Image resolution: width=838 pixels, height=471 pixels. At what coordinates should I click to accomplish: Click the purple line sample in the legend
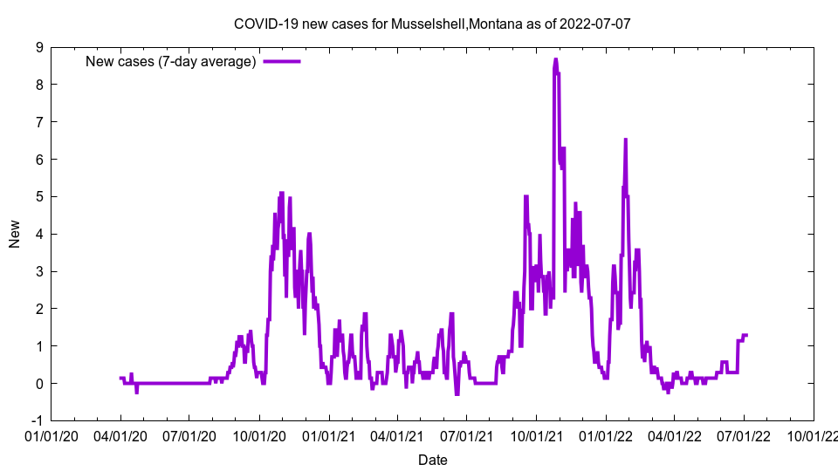(282, 61)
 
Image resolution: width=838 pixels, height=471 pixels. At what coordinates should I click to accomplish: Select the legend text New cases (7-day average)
(170, 61)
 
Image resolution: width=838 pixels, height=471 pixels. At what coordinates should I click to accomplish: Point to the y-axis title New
(15, 234)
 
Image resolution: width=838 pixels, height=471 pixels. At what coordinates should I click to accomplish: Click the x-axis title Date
(432, 460)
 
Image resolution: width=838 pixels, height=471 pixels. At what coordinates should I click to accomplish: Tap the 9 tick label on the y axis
(40, 47)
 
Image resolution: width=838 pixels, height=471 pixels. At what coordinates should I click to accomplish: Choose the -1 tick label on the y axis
(38, 420)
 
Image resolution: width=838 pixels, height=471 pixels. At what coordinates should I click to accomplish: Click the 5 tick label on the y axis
(40, 196)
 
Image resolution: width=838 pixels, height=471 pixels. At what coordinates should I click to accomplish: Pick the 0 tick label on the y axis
(40, 383)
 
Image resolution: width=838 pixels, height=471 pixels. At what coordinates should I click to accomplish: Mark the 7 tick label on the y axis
(40, 122)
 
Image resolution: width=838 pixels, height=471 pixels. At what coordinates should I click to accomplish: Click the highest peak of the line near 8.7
(555, 59)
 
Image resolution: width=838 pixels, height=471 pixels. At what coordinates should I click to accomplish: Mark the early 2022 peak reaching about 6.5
(625, 140)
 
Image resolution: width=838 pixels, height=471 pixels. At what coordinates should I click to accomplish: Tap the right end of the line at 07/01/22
(747, 335)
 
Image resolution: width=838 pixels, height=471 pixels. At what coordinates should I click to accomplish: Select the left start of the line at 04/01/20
(120, 378)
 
